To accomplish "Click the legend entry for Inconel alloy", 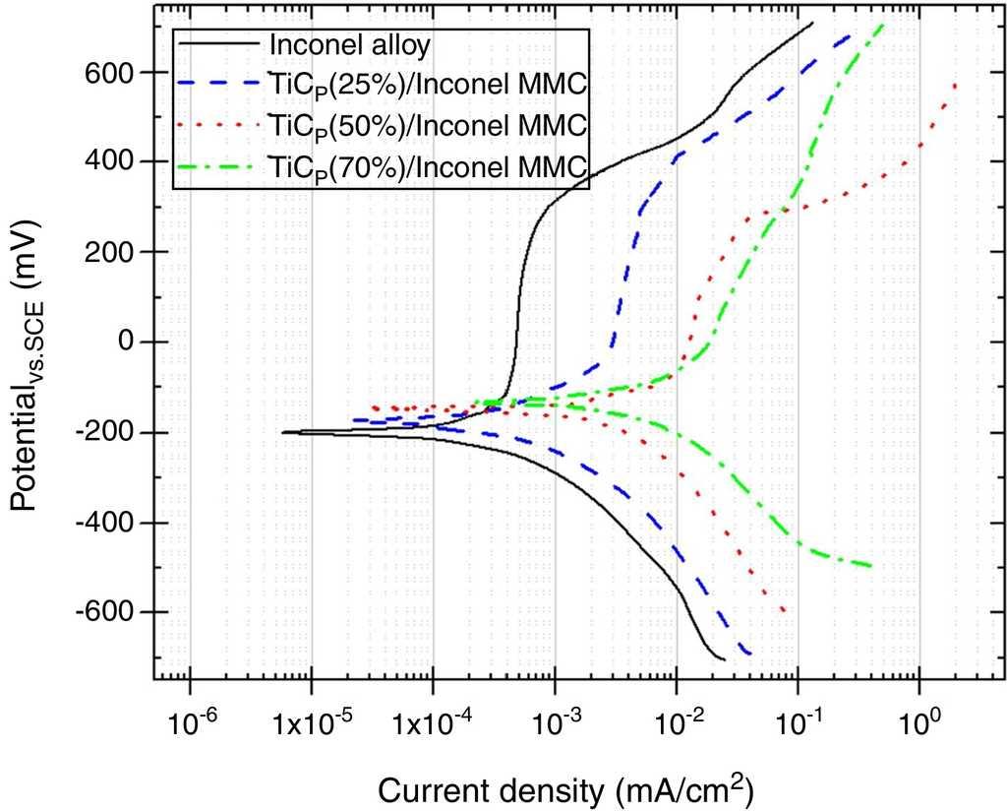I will tap(350, 44).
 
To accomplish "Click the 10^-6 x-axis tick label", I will tap(190, 724).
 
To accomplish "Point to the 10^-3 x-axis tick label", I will tap(556, 724).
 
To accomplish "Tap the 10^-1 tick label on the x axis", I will tap(799, 724).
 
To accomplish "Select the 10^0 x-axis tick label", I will tap(920, 724).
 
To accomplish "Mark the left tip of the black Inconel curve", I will tap(283, 432).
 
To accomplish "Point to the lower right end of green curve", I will tap(871, 566).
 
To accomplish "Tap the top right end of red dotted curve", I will tap(956, 85).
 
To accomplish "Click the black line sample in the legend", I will tap(220, 44).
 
